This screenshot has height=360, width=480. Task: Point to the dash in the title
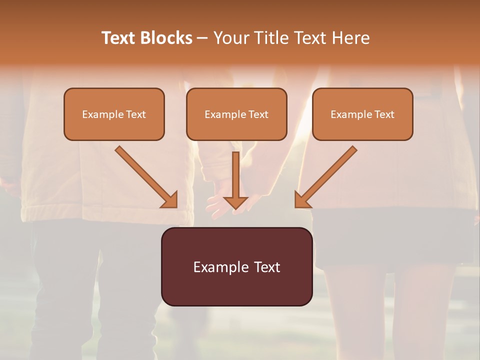(x=202, y=38)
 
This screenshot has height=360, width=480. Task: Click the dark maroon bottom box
(x=236, y=287)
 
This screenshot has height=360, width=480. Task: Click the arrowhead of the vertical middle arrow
(x=235, y=202)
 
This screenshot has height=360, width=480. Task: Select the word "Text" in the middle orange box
(x=258, y=114)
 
